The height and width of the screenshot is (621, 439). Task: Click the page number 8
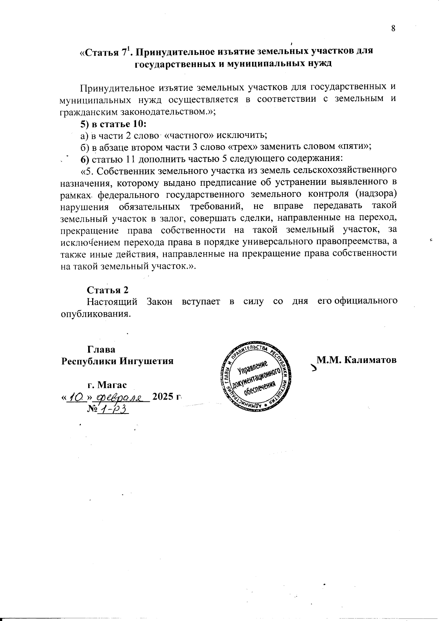point(393,29)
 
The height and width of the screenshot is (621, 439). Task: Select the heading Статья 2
point(108,290)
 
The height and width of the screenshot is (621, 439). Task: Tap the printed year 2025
point(163,397)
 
